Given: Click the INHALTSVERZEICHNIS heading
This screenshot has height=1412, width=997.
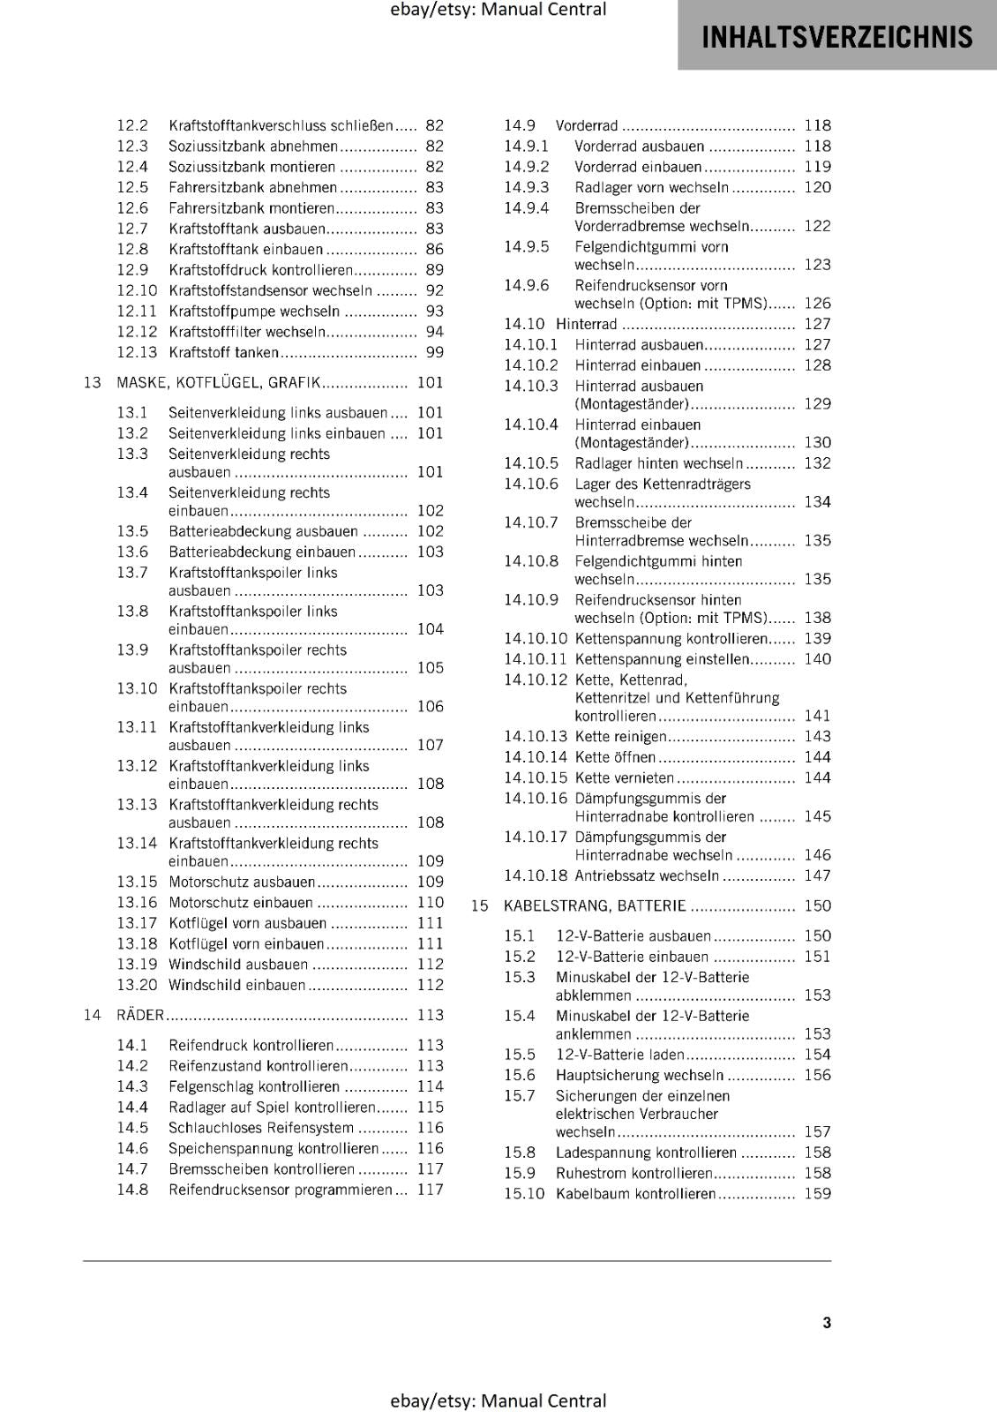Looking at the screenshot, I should [836, 37].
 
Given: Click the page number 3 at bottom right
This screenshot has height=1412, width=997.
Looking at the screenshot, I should [826, 1322].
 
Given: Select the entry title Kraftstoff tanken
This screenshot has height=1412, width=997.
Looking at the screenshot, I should [223, 352].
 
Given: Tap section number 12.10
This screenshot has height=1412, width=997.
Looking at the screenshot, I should [137, 290].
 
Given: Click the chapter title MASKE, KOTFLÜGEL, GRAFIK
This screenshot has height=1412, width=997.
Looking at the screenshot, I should [218, 382].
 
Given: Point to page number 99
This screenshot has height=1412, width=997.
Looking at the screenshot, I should [434, 352].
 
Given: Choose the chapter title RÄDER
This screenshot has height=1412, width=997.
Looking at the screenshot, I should [140, 1015].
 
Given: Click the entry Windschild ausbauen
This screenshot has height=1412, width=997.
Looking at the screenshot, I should [238, 964].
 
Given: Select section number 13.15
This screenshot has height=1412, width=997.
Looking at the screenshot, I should [137, 882].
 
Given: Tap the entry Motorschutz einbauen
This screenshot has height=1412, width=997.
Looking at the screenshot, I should [240, 902].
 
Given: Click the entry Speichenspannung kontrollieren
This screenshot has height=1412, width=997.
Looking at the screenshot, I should [274, 1148].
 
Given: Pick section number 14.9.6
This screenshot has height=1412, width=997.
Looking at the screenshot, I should [526, 285].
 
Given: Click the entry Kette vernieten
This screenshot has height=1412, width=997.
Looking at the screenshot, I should [624, 777].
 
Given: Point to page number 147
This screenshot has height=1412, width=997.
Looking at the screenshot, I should [817, 875].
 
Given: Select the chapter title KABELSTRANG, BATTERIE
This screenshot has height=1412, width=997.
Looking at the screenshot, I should [595, 905].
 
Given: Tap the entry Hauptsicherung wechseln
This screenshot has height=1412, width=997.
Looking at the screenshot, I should [639, 1075].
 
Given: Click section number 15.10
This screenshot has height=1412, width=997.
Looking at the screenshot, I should [524, 1193].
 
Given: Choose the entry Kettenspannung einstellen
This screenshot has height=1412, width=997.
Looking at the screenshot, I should [662, 658].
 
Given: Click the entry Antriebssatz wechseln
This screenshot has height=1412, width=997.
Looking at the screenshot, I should [646, 875].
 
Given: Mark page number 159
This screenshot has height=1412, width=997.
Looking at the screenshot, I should [817, 1193].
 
